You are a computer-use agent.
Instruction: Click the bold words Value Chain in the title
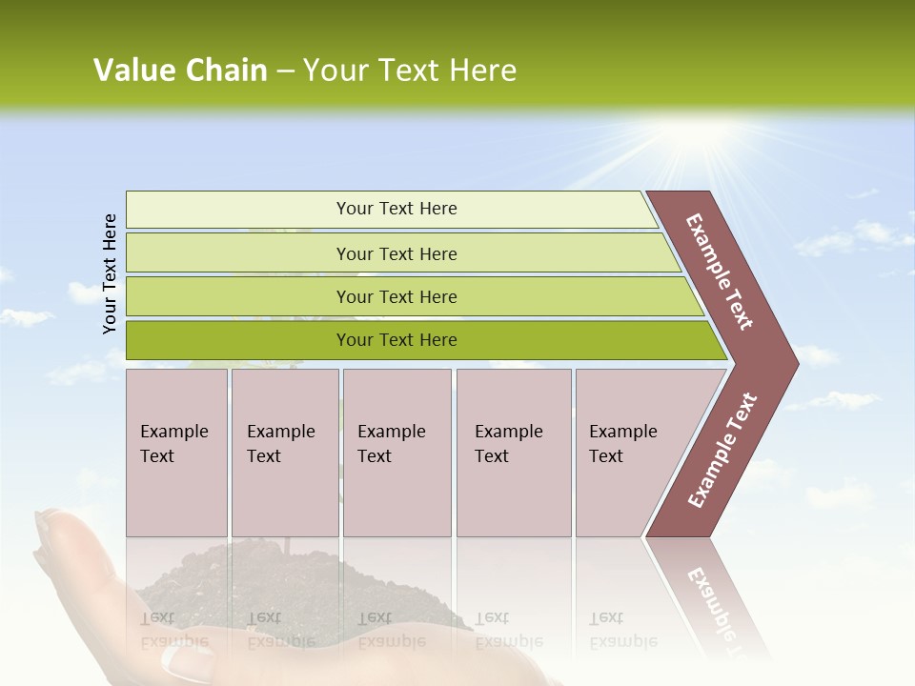tap(180, 71)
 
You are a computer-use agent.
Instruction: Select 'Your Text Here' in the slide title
tap(409, 71)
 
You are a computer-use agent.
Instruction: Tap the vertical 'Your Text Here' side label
tap(110, 273)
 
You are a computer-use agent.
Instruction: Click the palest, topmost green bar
tap(391, 209)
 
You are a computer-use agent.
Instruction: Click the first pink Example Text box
tap(176, 452)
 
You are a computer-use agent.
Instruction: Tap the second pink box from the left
tap(284, 452)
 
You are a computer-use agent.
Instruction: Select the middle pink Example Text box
tap(396, 452)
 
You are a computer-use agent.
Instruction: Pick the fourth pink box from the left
tap(514, 452)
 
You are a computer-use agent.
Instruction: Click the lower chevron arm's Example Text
tap(722, 451)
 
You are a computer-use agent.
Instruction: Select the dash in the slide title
tap(285, 71)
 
